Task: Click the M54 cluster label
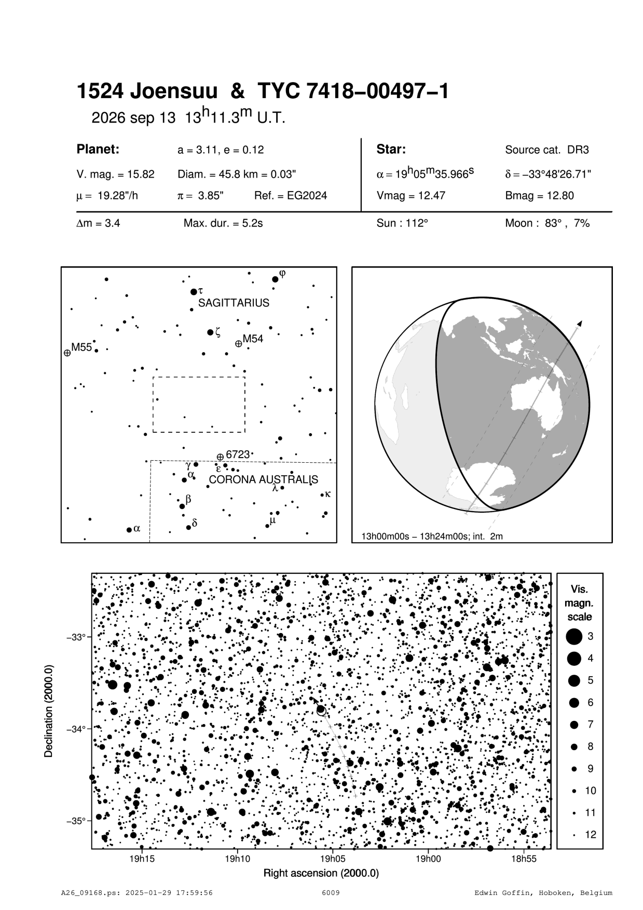tap(253, 339)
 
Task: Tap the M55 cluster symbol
tap(67, 353)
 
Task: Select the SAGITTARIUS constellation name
tap(234, 303)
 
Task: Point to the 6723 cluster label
tap(238, 454)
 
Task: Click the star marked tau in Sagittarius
tap(194, 292)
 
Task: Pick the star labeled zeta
tap(210, 332)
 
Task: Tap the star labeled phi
tap(275, 279)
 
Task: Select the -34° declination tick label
tap(76, 729)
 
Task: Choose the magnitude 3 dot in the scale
tap(573, 636)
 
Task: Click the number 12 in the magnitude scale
tap(591, 835)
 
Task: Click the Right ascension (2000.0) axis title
tap(321, 873)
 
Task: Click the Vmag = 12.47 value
tap(411, 196)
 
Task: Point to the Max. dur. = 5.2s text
tap(223, 224)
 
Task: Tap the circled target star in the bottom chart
tap(321, 710)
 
